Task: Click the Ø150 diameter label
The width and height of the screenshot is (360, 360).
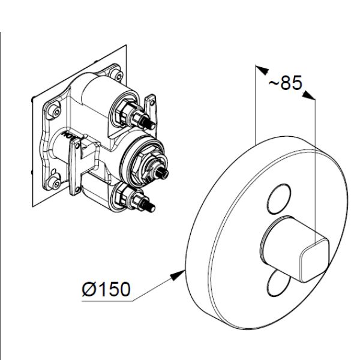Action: [105, 290]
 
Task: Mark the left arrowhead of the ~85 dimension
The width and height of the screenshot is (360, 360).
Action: [259, 68]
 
